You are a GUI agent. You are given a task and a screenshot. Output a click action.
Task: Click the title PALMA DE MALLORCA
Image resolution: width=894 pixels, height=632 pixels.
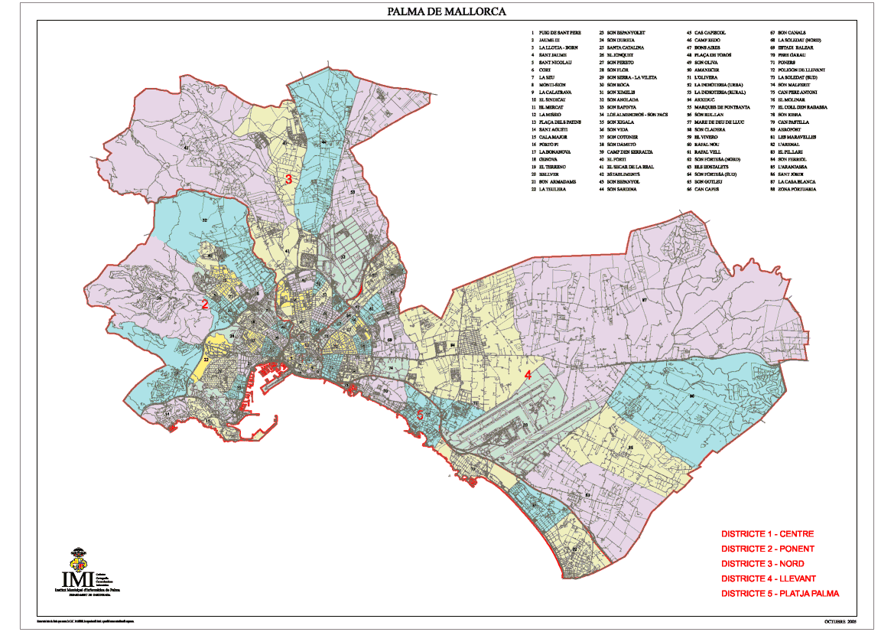[x=447, y=11]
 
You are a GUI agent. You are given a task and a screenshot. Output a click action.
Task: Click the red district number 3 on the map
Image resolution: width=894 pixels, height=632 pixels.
[x=288, y=180]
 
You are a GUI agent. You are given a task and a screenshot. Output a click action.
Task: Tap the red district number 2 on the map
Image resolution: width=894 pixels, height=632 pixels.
[x=204, y=304]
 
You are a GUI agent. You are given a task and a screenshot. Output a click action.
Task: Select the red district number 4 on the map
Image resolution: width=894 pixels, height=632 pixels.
[x=527, y=375]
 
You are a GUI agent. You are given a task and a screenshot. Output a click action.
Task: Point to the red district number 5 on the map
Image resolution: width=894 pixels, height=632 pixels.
[x=420, y=414]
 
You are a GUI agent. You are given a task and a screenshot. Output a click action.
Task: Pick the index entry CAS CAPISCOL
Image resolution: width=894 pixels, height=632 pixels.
[x=710, y=33]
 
